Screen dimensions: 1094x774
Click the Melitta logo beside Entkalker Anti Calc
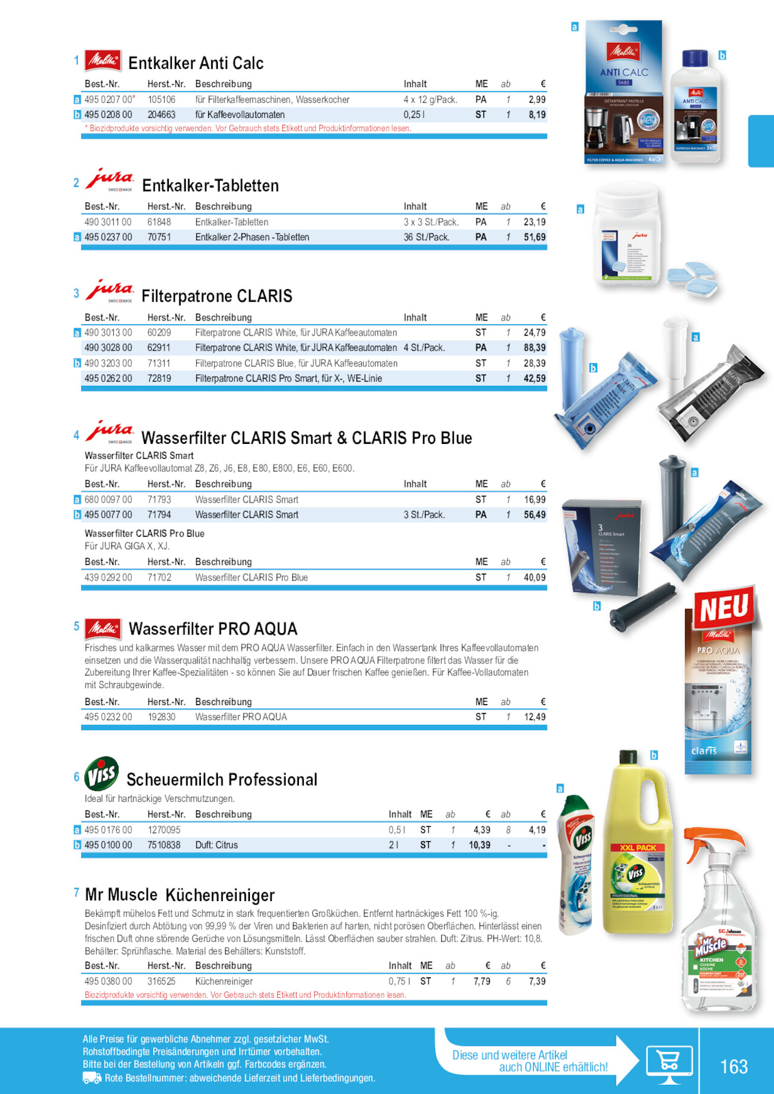pyautogui.click(x=103, y=60)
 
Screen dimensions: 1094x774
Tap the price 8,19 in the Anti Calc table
pyautogui.click(x=537, y=115)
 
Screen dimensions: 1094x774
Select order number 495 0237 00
pyautogui.click(x=108, y=238)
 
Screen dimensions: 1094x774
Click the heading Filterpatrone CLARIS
pyautogui.click(x=217, y=296)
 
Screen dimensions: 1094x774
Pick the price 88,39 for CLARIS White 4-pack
pyautogui.click(x=534, y=348)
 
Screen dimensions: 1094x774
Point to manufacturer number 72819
pyautogui.click(x=159, y=379)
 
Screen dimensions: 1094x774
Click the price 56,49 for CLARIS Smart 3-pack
pyautogui.click(x=534, y=515)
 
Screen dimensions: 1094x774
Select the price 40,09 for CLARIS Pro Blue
pyautogui.click(x=534, y=578)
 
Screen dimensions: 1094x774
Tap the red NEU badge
pyautogui.click(x=724, y=607)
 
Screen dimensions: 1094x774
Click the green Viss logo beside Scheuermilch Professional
pyautogui.click(x=102, y=773)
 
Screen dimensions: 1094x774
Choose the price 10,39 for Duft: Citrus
pyautogui.click(x=479, y=845)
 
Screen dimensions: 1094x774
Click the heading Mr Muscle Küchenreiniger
pyautogui.click(x=180, y=895)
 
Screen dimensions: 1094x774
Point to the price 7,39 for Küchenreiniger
pyautogui.click(x=537, y=982)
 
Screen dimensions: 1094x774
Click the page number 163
pyautogui.click(x=733, y=1066)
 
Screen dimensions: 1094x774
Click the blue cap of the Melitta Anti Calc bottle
pyautogui.click(x=695, y=59)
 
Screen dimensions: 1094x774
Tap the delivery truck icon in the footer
pyautogui.click(x=91, y=1078)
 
